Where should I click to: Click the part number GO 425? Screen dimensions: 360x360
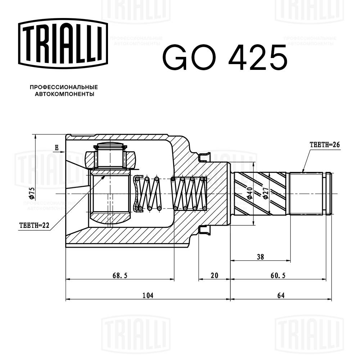[x=225, y=58]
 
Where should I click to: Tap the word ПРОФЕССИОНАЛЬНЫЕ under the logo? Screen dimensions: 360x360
[x=64, y=87]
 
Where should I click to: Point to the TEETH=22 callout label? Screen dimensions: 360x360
[x=34, y=226]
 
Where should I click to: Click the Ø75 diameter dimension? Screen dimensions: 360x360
[x=31, y=193]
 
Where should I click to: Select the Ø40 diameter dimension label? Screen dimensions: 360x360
[x=249, y=194]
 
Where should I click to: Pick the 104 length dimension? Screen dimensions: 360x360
[x=148, y=296]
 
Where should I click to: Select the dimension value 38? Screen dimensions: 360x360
[x=261, y=257]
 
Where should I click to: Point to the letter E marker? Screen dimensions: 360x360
[x=57, y=148]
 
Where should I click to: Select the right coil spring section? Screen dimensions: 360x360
[x=189, y=193]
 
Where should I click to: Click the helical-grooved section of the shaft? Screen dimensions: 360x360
[x=260, y=193]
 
